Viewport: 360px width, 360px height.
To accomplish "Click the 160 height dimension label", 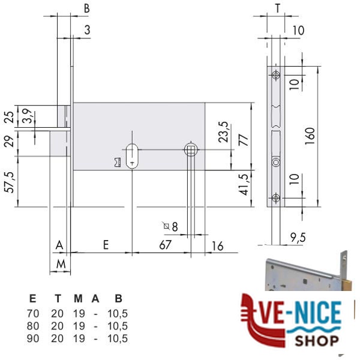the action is (x=310, y=136).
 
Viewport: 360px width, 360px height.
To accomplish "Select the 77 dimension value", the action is (x=244, y=140).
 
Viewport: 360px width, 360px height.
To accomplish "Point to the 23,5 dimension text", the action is (x=223, y=132).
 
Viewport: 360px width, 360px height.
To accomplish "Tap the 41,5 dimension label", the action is (x=244, y=184).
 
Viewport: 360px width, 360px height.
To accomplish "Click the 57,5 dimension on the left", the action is (x=10, y=182).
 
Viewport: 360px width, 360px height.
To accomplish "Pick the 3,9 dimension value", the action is (x=28, y=116).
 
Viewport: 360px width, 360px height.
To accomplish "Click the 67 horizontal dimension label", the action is (x=166, y=245).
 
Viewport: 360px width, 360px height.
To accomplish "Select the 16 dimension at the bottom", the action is (x=217, y=246).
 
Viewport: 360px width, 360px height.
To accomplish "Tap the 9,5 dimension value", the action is (x=298, y=238).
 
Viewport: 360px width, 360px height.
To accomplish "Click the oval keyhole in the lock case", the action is (x=132, y=156).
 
